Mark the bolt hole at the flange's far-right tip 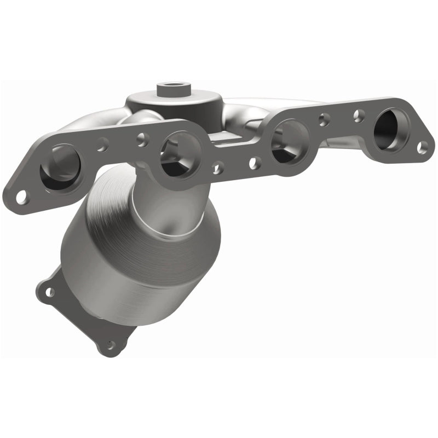422,147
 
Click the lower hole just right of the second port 218,168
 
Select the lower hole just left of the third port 255,163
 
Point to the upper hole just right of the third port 325,118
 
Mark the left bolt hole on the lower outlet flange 49,292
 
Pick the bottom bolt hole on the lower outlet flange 112,345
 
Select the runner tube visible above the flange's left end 88,127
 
